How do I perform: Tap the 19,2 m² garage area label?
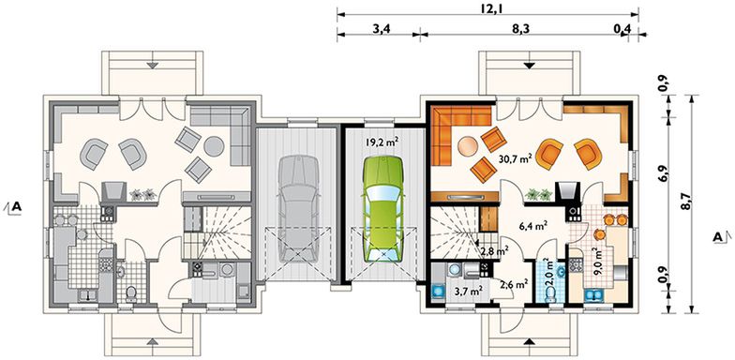381,143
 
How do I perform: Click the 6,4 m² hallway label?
532,225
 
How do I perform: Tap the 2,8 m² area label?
493,250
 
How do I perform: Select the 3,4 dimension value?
381,30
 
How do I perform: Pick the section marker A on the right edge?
717,235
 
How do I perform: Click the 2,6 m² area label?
513,284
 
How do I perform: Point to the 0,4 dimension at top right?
622,30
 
